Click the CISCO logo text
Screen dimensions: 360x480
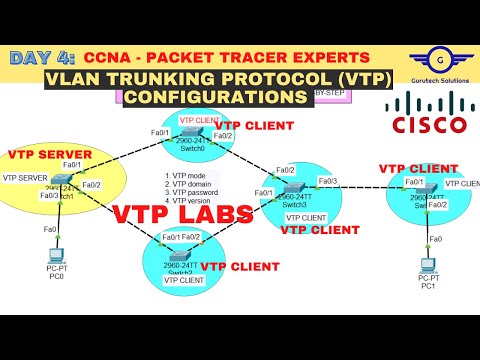(x=429, y=125)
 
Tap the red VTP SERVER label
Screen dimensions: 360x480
(x=50, y=155)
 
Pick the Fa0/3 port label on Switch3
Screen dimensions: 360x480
(x=327, y=181)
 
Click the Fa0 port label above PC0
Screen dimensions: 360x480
(x=48, y=229)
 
